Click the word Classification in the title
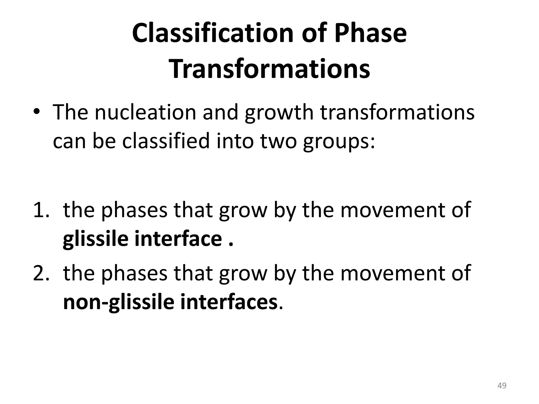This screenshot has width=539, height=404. click(213, 33)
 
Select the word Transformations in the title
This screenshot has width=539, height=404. click(270, 69)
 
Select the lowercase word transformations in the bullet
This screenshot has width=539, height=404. click(397, 112)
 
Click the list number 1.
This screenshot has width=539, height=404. click(41, 210)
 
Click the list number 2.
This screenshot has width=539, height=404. click(41, 273)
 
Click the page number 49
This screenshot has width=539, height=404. click(502, 386)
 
